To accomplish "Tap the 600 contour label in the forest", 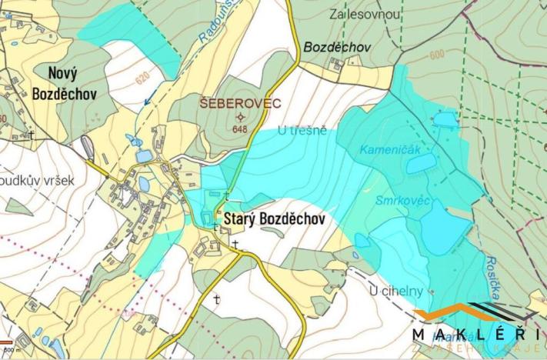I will coord(437,55).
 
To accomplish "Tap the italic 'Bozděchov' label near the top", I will coord(337,47).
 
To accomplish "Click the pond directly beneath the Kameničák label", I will coord(421,164).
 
